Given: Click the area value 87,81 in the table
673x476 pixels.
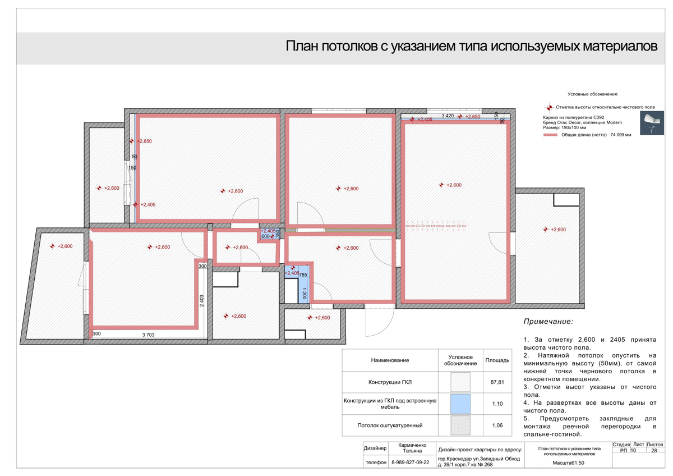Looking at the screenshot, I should tap(497, 382).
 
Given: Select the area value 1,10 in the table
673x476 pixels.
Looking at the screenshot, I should tap(497, 404).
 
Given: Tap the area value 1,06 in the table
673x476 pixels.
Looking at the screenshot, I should tap(497, 425).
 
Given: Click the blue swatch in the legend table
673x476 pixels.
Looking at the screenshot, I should tap(460, 404).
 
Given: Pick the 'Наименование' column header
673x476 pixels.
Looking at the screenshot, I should tap(390, 360).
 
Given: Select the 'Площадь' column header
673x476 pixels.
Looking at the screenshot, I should tap(497, 360).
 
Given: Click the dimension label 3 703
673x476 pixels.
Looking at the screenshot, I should tap(148, 335).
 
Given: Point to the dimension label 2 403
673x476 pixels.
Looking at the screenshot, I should tap(202, 300).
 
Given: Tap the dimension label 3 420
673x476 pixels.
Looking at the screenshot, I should tap(448, 116).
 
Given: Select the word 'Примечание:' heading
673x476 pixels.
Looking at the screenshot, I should tap(548, 322).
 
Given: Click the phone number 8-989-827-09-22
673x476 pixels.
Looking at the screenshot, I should tap(409, 462).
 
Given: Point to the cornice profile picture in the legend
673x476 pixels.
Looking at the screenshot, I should tap(651, 123).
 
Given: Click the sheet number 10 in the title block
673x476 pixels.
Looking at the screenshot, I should tap(634, 450).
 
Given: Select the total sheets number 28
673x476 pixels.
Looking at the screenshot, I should tap(654, 450).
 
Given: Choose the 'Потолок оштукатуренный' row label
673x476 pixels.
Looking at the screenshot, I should tap(390, 425).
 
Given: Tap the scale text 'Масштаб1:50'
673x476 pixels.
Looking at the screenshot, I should tap(568, 463).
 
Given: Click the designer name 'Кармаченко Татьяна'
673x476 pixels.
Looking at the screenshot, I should tap(412, 447).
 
